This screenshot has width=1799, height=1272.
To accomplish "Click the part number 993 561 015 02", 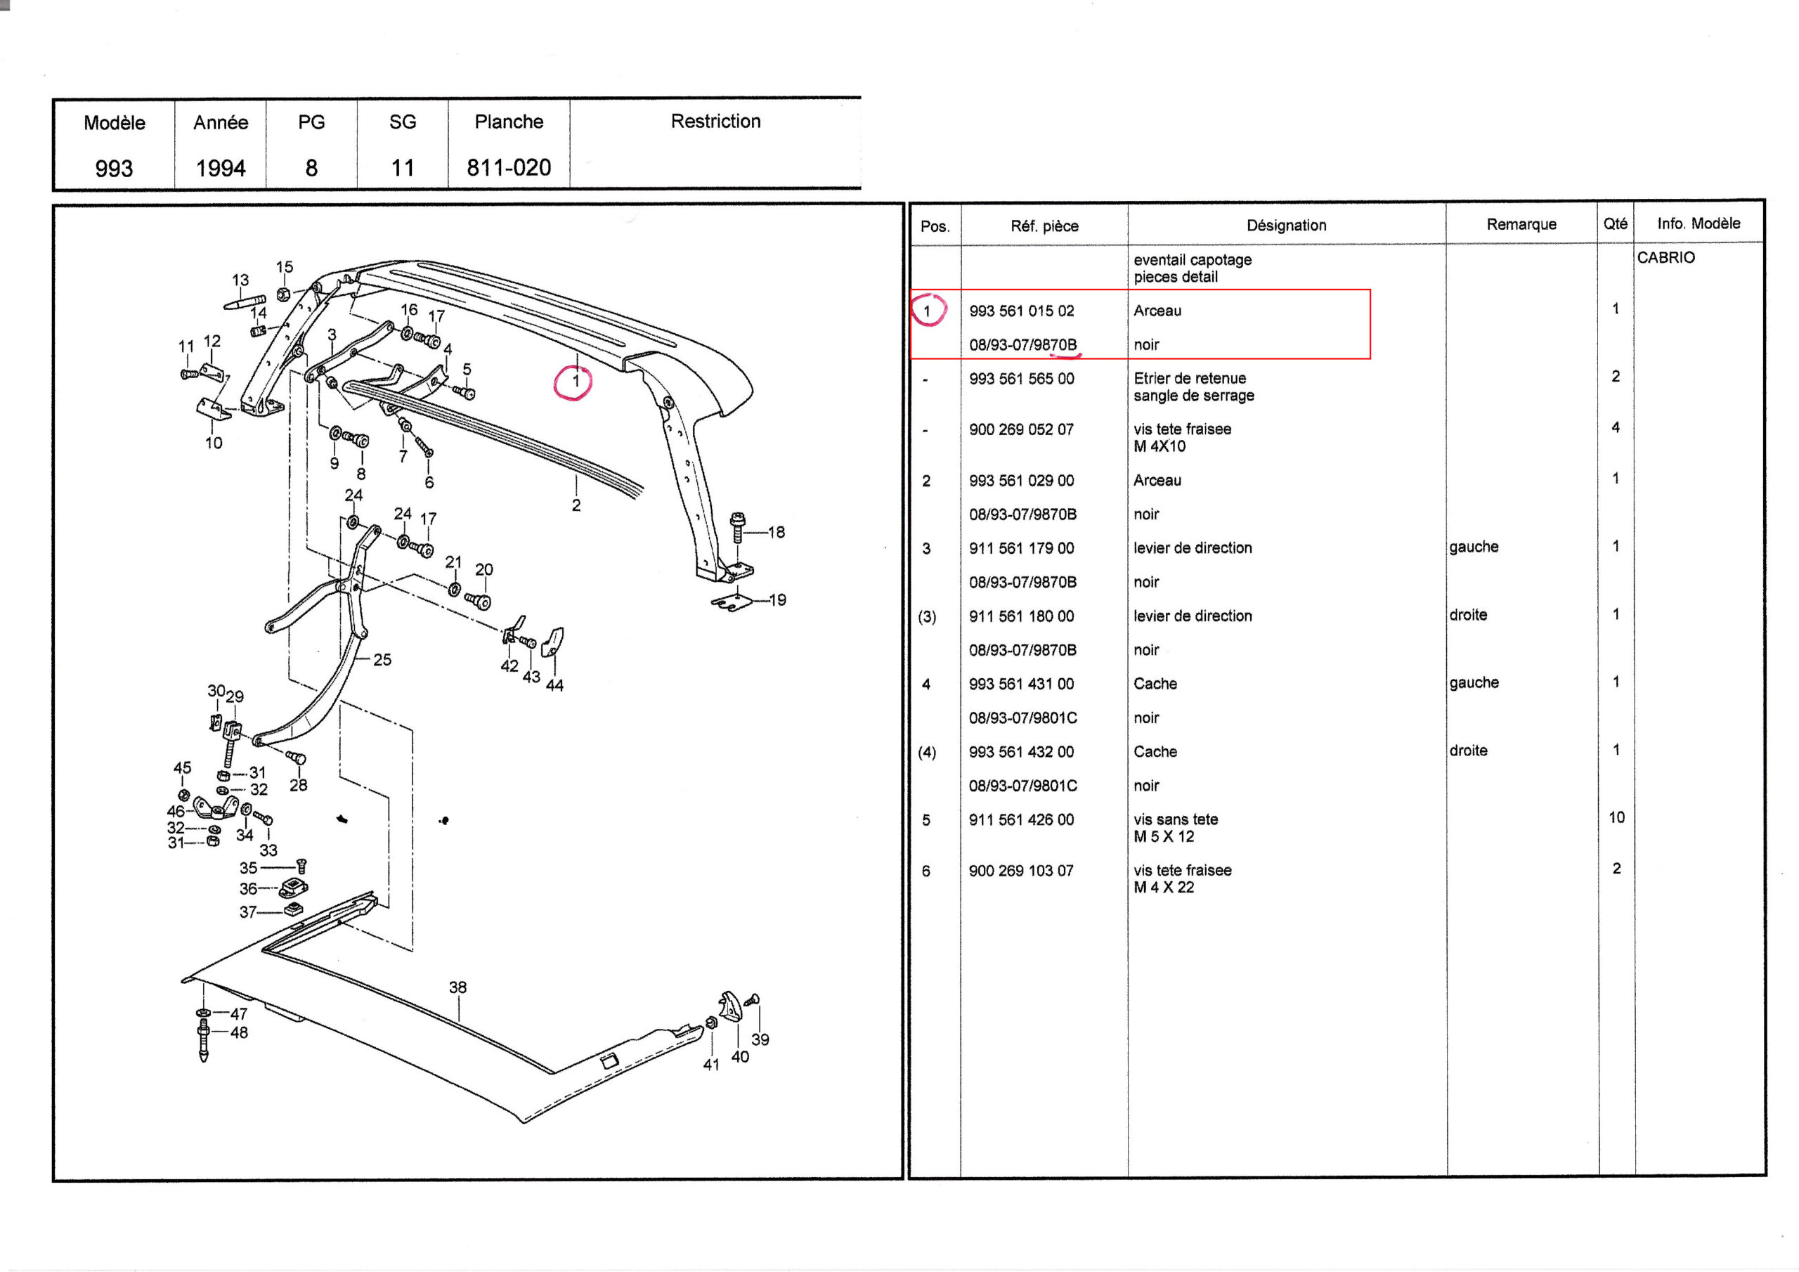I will pos(1021,311).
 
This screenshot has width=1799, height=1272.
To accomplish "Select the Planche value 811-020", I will pos(509,168).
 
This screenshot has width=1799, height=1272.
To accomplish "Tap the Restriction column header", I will pos(715,122).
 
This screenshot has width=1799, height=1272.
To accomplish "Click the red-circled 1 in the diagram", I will pos(574,382).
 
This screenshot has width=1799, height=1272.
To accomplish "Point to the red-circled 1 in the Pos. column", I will pos(928,311).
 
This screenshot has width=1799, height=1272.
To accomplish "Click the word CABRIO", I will pos(1665,258).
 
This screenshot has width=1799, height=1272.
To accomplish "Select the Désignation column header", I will pos(1286,226).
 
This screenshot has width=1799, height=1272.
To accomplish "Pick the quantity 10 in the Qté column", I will pos(1616,817).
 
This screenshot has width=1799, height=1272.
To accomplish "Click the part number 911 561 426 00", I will pos(1021,820).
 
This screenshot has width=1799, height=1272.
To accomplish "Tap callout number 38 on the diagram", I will pos(457,987).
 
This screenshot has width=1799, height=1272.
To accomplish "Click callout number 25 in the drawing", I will pos(382,660).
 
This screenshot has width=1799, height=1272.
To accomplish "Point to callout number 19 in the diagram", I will pos(777,600).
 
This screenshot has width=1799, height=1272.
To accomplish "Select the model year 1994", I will pos(220,168).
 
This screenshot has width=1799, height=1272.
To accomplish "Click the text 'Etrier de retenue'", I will pos(1190,379).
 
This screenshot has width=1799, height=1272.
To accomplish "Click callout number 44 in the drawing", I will pos(554,686).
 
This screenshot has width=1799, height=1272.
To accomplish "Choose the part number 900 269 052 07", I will pos(1021,429).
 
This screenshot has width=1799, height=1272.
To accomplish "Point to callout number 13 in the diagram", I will pos(240,280).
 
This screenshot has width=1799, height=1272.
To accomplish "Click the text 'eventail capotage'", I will pos(1192,259).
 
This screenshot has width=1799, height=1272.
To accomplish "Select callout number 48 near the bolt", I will pos(239,1033).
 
